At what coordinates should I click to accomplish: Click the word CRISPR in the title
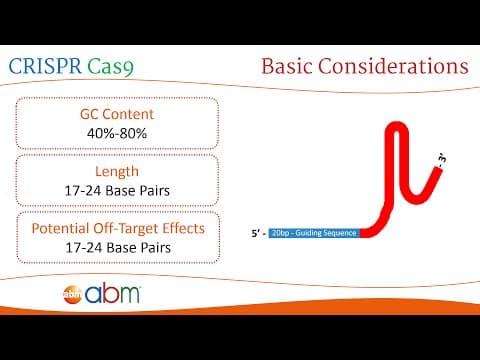[x=45, y=66]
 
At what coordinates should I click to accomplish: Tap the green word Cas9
[x=111, y=66]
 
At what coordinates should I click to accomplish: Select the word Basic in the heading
[x=287, y=65]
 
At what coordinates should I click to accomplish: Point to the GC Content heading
[x=117, y=114]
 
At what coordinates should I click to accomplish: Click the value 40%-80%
[x=117, y=133]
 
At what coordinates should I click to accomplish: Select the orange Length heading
[x=117, y=172]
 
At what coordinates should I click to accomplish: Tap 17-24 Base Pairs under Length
[x=117, y=191]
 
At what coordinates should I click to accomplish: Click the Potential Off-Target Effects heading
[x=118, y=229]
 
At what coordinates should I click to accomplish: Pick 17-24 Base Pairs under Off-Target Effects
[x=118, y=248]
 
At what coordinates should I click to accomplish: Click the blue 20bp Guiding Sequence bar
[x=314, y=233]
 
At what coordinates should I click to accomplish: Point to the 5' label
[x=259, y=233]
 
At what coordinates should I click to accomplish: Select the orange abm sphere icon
[x=72, y=294]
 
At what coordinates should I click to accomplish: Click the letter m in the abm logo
[x=126, y=295]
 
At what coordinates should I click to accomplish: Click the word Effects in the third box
[x=183, y=229]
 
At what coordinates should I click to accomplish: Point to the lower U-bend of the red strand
[x=417, y=199]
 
